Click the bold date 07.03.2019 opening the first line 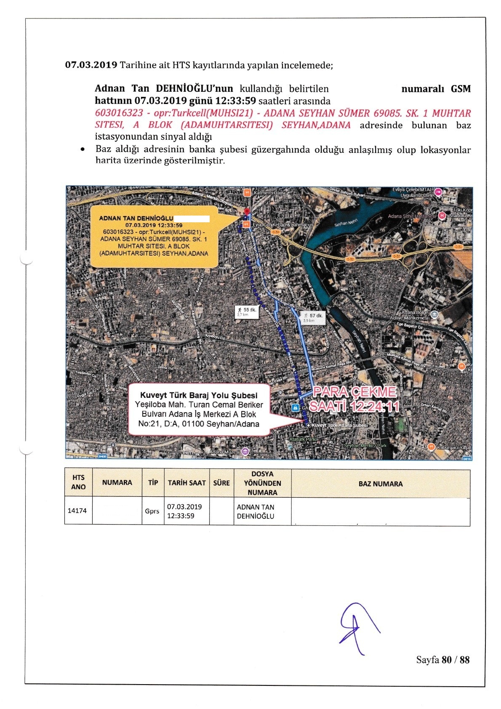pos(91,65)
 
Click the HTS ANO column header pos(78,482)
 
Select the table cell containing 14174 pos(77,511)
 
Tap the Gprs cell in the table pos(152,511)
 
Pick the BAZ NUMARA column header pos(380,484)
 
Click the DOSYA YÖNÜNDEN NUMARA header pos(262,483)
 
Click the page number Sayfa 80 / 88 pos(442,660)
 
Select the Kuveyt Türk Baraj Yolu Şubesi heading pos(198,395)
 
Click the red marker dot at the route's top pos(247,211)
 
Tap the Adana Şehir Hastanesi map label pos(412,216)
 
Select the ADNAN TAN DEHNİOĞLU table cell pos(256,512)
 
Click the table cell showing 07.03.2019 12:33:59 pos(184,511)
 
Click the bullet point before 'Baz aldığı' pos(84,149)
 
